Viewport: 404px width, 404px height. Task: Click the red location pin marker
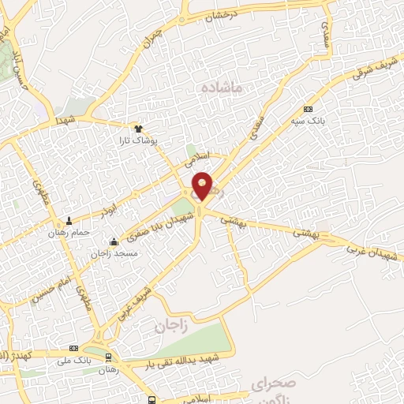203,186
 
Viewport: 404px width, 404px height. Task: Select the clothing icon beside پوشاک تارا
139,129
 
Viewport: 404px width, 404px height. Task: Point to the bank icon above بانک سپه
307,108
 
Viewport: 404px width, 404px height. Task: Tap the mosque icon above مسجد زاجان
115,242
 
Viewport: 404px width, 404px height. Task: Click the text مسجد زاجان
114,253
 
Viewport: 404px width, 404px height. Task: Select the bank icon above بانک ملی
75,348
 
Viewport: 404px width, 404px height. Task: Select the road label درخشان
223,16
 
